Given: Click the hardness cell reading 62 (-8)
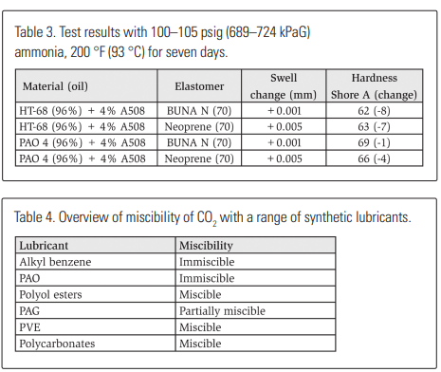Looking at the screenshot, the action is [x=375, y=111].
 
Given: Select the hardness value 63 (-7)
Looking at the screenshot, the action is [x=375, y=126].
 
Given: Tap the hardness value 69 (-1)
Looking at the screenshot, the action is [x=375, y=142].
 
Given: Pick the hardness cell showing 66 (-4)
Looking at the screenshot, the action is [x=375, y=158].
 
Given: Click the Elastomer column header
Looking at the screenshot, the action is [x=200, y=86].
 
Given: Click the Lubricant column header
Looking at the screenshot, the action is [x=45, y=245].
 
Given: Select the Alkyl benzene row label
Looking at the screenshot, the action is [x=52, y=261].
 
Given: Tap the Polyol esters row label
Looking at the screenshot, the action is [x=51, y=294].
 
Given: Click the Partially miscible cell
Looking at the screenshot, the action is [x=222, y=310].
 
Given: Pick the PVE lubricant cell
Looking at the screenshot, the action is [x=29, y=327].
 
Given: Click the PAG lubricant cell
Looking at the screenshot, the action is [x=30, y=310].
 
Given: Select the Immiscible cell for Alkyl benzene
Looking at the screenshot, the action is [x=209, y=261].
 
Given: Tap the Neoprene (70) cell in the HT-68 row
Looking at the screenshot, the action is [x=200, y=126].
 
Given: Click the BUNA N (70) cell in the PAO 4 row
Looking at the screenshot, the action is [x=200, y=142].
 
